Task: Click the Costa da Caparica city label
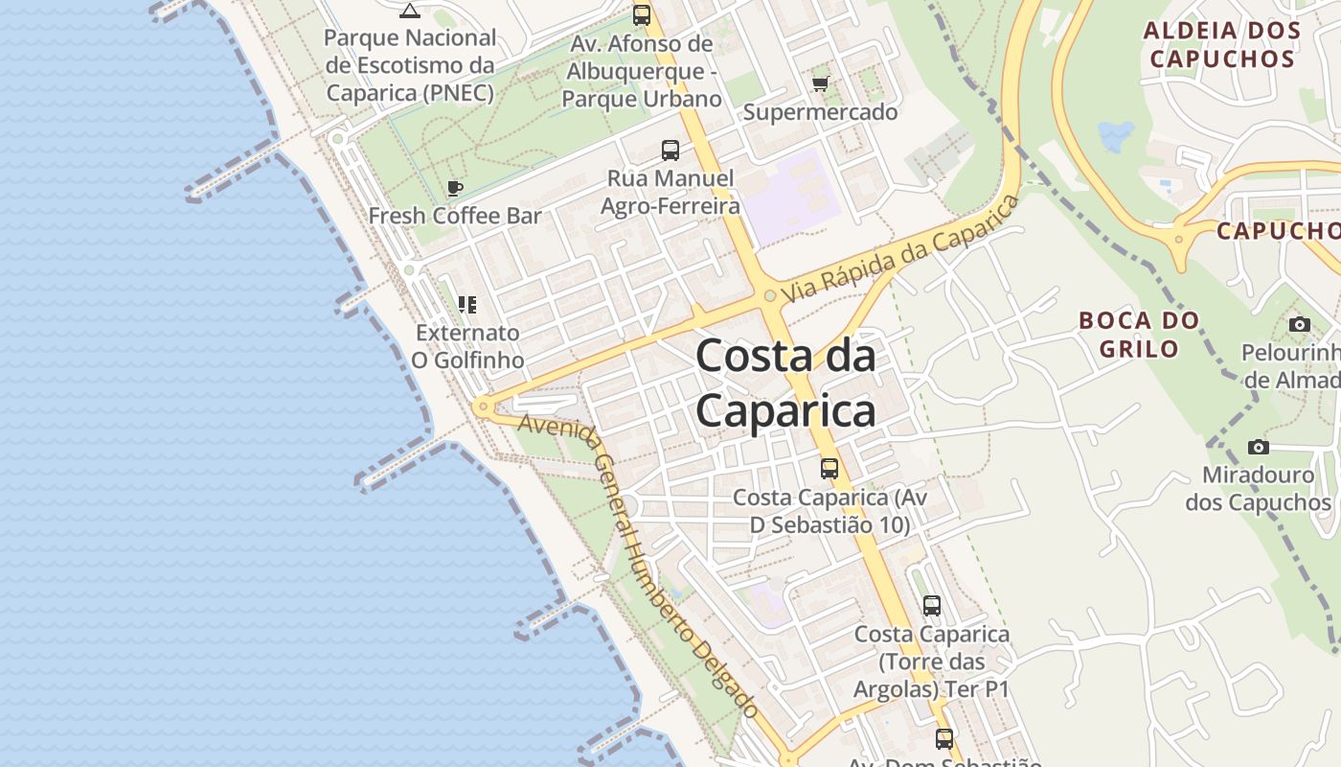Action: [785, 383]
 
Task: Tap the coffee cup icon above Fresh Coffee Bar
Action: [455, 188]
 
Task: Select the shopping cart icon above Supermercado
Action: [820, 84]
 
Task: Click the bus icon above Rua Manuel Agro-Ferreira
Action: [670, 151]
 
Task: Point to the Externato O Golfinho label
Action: [467, 346]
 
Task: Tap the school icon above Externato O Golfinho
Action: [467, 305]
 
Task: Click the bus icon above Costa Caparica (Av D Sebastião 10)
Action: [830, 469]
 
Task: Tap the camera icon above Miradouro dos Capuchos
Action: [1259, 447]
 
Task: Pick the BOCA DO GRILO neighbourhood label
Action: [1139, 334]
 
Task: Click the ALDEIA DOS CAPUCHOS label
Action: [1222, 44]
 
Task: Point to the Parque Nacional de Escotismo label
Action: [410, 65]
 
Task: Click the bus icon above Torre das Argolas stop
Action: [932, 606]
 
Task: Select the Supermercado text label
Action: [821, 112]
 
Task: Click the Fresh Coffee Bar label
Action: [455, 216]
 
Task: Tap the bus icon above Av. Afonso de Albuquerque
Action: [642, 15]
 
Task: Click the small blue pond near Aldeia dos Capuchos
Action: [1116, 136]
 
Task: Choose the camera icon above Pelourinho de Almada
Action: [1300, 324]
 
